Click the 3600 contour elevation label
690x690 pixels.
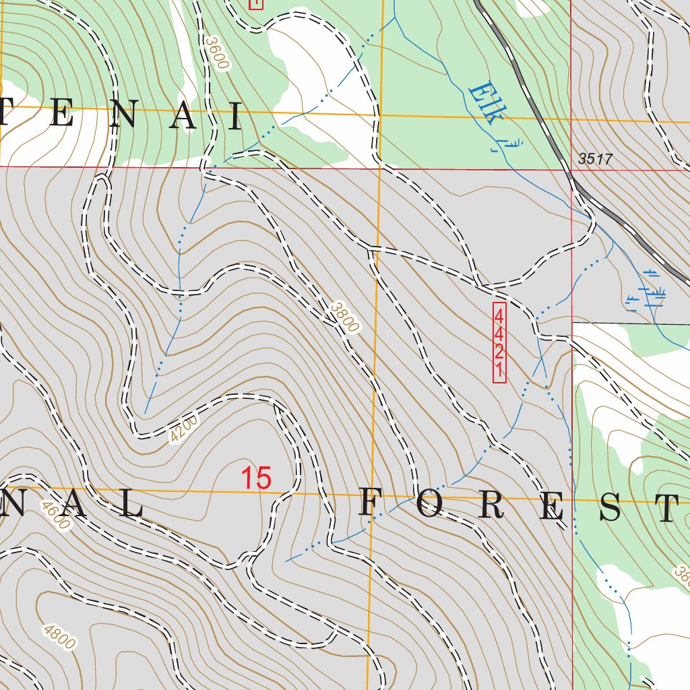pyautogui.click(x=218, y=53)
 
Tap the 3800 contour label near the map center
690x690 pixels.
pyautogui.click(x=344, y=316)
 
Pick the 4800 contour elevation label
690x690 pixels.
pyautogui.click(x=59, y=637)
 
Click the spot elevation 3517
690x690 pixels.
pyautogui.click(x=595, y=159)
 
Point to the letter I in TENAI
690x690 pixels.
pyautogui.click(x=235, y=117)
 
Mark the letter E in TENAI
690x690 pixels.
pyautogui.click(x=61, y=115)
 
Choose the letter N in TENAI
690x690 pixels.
pyautogui.click(x=122, y=116)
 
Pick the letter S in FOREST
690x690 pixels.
pyautogui.click(x=610, y=510)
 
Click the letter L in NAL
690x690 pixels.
pyautogui.click(x=132, y=504)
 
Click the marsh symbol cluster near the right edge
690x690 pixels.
pyautogui.click(x=646, y=295)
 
